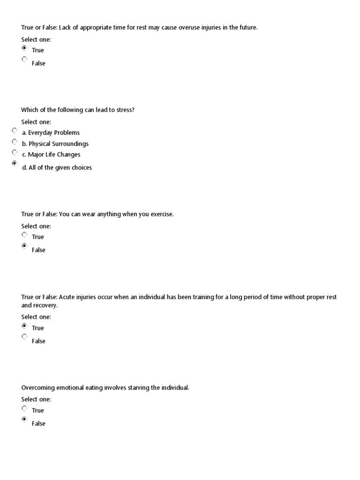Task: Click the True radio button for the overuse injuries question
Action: (24, 48)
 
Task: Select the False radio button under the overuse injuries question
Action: (24, 60)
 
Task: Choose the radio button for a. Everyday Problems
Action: (15, 130)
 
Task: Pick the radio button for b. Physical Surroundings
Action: (15, 142)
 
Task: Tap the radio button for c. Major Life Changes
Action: (15, 152)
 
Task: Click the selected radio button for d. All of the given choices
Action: (15, 164)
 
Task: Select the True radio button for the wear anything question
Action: (24, 234)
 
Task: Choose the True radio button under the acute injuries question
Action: (24, 325)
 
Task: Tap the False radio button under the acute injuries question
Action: (24, 337)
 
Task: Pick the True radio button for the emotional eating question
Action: (24, 408)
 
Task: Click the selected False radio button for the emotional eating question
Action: (24, 420)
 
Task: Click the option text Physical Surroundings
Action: (59, 144)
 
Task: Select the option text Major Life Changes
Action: (54, 155)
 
